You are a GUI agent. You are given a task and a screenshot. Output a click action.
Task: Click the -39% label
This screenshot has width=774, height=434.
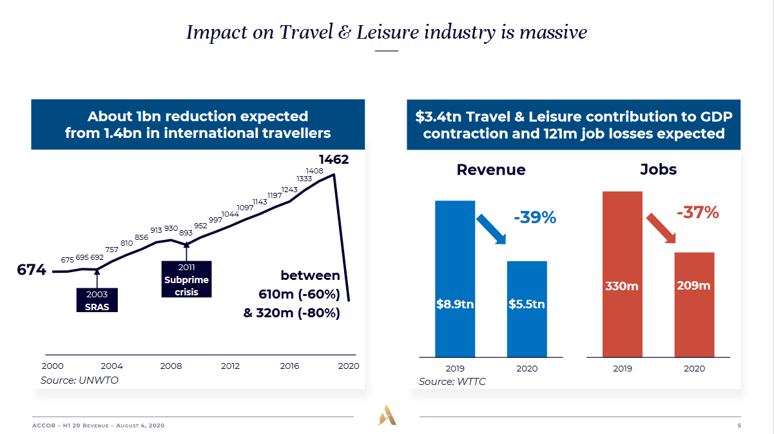(x=534, y=218)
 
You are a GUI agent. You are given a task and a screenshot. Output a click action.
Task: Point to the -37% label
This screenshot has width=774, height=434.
(x=697, y=212)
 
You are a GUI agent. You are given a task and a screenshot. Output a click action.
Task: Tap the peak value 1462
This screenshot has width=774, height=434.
(x=334, y=159)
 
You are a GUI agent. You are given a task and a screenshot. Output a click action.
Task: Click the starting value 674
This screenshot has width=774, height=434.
(x=31, y=270)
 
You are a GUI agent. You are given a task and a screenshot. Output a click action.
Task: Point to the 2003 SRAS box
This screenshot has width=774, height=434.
(x=97, y=301)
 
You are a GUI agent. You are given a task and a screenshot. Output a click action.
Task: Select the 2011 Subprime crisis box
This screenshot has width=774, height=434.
(x=186, y=279)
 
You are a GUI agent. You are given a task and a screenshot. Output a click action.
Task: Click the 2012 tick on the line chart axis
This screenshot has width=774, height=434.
(x=230, y=366)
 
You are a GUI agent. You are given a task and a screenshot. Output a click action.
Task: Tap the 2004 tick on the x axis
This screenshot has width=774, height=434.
(x=111, y=366)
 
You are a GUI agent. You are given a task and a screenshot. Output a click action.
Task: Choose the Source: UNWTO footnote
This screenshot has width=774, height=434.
(x=79, y=380)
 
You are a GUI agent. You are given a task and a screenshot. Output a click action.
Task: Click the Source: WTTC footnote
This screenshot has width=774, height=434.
(x=452, y=382)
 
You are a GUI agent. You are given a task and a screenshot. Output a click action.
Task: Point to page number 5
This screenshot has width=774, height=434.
(x=739, y=426)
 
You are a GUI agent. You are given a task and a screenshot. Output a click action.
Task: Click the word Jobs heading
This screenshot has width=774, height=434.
(x=658, y=170)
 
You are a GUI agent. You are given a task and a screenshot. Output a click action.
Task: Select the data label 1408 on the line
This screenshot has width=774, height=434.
(x=314, y=171)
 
